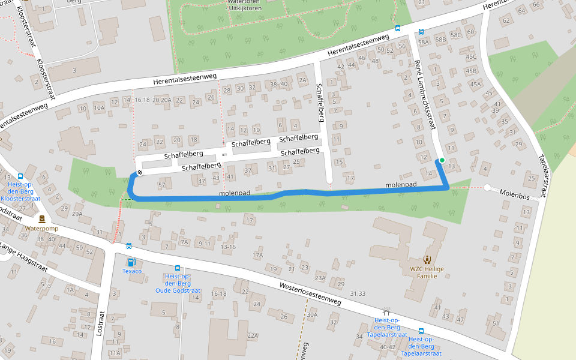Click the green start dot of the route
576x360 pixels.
tap(442, 160)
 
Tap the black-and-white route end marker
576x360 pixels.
tap(140, 173)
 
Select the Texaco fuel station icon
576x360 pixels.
tap(131, 262)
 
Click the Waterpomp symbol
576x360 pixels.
tap(42, 220)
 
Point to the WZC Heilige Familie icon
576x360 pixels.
tap(427, 260)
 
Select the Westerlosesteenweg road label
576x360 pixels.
tap(310, 292)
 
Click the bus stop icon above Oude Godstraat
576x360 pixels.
tap(178, 268)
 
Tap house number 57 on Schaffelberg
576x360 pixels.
tap(161, 185)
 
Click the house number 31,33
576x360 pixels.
tap(358, 293)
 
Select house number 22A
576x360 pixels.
tap(253, 335)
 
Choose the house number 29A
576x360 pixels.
tap(77, 214)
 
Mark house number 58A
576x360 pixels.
tap(424, 42)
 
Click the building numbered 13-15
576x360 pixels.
tap(228, 247)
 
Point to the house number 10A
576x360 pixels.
tap(99, 108)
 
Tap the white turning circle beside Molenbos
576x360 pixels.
tap(487, 187)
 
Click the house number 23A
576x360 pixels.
tap(320, 278)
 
